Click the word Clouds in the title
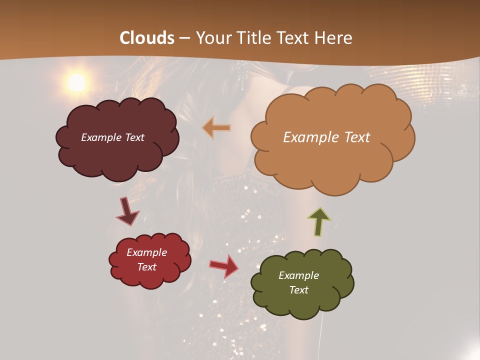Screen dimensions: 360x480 coord(147,38)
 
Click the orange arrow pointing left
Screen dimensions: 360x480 coord(216,128)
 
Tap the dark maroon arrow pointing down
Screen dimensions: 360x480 coord(127,212)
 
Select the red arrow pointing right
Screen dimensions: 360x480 coord(224,265)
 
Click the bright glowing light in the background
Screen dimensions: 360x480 coord(76,83)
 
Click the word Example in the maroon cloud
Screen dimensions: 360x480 coord(101,137)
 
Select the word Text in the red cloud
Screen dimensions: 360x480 coord(147,267)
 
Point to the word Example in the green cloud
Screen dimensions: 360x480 coord(298,275)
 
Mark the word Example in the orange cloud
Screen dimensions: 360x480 coord(310,137)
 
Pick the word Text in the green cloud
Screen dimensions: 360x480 coord(298,290)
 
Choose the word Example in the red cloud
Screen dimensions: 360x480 coord(147,252)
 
